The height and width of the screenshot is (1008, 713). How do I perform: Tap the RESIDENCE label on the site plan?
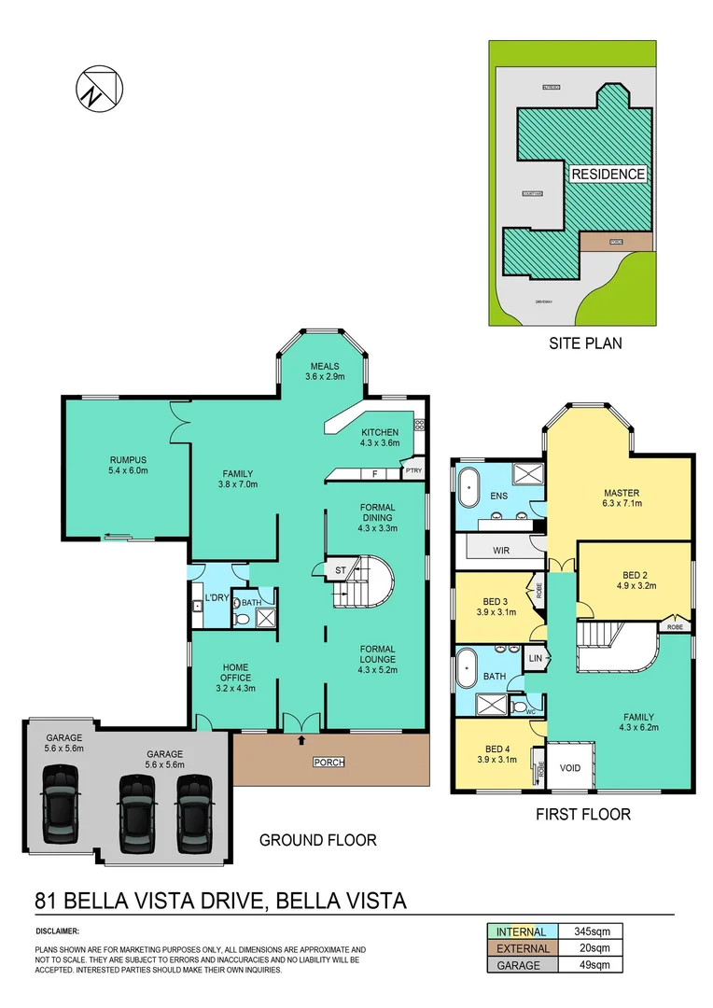click(608, 174)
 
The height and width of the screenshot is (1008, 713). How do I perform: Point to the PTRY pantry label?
click(413, 471)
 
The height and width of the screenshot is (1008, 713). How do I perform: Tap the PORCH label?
click(329, 763)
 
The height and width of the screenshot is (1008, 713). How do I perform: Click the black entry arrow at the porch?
click(301, 741)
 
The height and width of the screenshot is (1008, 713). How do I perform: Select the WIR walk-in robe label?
click(502, 552)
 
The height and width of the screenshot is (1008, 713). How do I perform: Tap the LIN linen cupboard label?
click(535, 658)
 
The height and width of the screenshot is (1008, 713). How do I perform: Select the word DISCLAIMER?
click(57, 931)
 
